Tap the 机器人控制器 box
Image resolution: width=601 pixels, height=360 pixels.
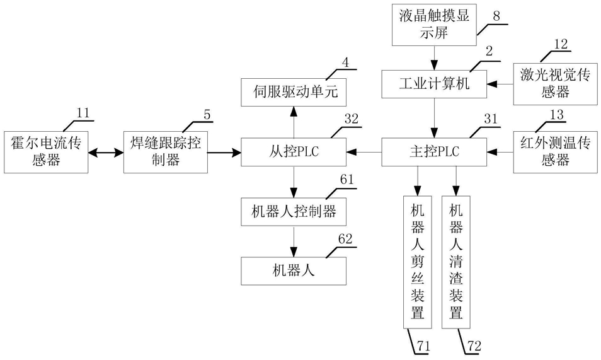pyautogui.click(x=293, y=212)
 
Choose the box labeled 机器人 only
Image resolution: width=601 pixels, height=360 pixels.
pyautogui.click(x=293, y=271)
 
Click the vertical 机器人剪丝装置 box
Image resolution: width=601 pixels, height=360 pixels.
pyautogui.click(x=417, y=260)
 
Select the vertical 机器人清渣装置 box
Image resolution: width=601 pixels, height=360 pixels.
pyautogui.click(x=456, y=260)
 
